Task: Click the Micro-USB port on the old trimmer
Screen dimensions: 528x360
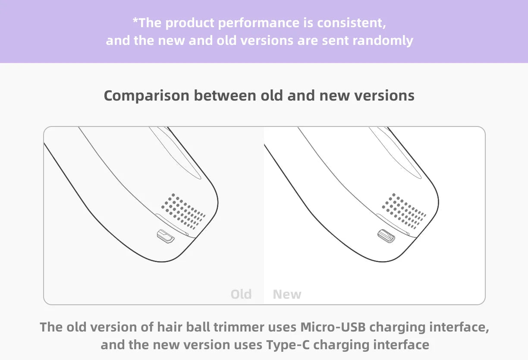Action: pos(166,237)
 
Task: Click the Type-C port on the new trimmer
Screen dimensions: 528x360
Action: pos(387,236)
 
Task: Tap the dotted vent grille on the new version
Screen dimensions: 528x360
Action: pos(404,211)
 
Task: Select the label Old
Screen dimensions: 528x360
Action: pos(241,294)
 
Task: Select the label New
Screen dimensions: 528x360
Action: pos(287,294)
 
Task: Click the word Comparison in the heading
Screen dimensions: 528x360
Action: pos(147,96)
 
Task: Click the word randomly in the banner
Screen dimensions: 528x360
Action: pos(383,41)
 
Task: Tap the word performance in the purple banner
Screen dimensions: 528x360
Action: pos(258,23)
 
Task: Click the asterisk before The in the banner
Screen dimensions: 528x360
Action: pos(135,20)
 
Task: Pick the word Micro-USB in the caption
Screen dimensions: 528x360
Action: pos(333,327)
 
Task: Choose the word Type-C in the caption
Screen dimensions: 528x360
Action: pos(288,345)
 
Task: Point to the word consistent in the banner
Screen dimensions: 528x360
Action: pos(352,23)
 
